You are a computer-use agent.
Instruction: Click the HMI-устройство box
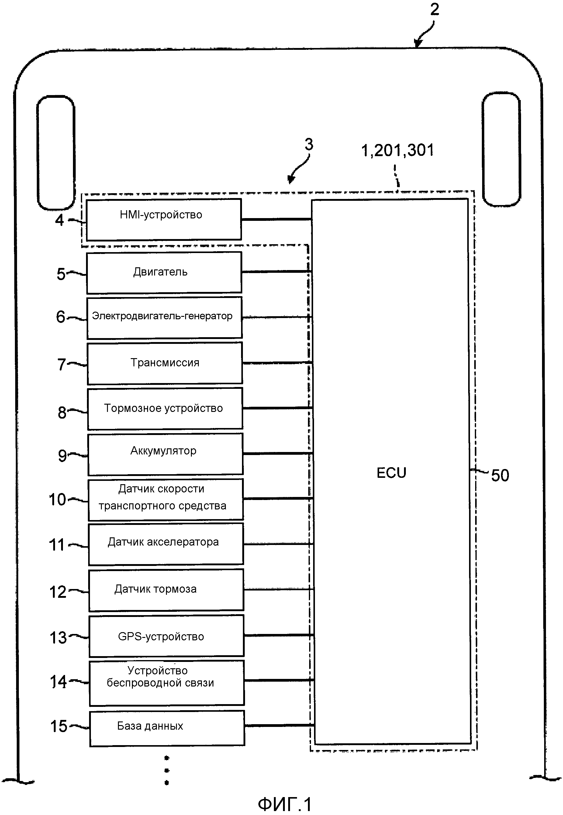[x=164, y=219]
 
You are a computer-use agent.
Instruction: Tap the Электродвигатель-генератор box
[x=164, y=317]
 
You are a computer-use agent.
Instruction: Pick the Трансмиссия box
[x=165, y=363]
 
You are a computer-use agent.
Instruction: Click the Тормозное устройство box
[x=165, y=409]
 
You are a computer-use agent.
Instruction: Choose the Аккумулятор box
[x=165, y=454]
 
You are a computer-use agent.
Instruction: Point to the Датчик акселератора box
[x=165, y=544]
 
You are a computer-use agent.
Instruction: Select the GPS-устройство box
[x=166, y=635]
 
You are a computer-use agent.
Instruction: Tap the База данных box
[x=167, y=728]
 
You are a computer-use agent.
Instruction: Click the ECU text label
[x=391, y=473]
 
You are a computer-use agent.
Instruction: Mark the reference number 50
[x=500, y=475]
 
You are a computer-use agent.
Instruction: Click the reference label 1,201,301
[x=397, y=151]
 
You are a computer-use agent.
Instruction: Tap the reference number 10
[x=57, y=499]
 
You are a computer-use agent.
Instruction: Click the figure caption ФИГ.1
[x=285, y=804]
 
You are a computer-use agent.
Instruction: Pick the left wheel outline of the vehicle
[x=56, y=152]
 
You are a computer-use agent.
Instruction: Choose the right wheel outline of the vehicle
[x=501, y=149]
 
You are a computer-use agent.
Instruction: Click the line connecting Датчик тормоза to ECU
[x=279, y=589]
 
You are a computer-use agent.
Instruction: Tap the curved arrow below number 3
[x=298, y=171]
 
